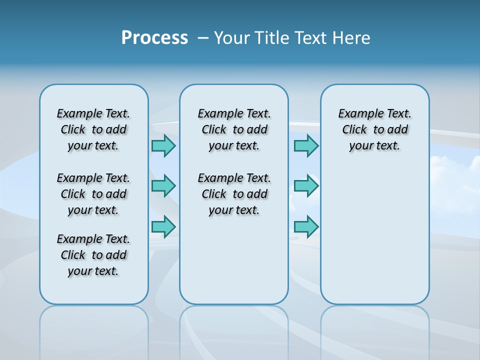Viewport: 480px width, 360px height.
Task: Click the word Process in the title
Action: pos(154,38)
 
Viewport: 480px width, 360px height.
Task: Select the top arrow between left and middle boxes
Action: pos(163,145)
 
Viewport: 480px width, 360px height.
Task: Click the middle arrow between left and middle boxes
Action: pos(163,186)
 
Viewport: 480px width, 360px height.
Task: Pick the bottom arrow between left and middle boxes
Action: pos(163,226)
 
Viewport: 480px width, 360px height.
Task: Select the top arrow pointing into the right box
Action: pos(306,145)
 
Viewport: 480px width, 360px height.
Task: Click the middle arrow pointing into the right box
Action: pos(306,186)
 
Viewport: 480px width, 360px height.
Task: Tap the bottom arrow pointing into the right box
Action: pos(306,226)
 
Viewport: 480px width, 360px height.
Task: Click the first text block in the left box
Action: pos(93,129)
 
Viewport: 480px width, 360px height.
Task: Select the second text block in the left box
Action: pos(93,194)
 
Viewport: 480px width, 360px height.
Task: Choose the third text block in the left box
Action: pos(93,255)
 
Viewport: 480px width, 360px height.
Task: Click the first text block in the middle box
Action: pos(234,129)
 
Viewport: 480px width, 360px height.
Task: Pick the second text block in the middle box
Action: pos(234,194)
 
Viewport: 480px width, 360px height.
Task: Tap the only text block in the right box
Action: pos(374,129)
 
